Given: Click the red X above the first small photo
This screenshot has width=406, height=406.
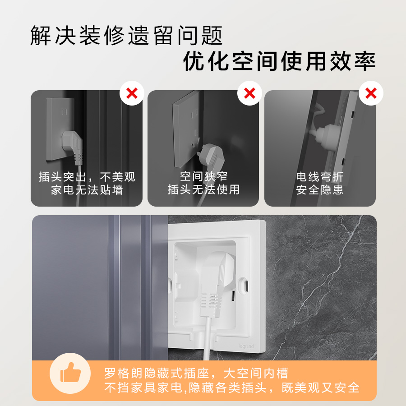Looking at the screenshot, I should click(132, 94).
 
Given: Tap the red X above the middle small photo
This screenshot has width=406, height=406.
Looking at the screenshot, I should click(249, 94).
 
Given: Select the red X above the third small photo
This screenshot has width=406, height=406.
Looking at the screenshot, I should click(371, 94).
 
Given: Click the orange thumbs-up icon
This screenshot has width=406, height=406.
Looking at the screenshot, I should click(70, 373).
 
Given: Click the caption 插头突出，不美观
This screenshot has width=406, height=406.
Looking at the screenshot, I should click(87, 177).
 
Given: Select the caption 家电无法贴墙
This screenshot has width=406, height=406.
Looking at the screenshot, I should click(87, 189).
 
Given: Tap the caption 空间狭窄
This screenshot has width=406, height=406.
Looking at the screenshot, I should click(203, 177).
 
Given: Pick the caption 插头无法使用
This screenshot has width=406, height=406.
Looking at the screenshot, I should click(203, 189).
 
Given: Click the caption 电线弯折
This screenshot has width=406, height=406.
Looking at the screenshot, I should click(319, 177).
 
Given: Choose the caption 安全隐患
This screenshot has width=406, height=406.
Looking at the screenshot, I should click(319, 189).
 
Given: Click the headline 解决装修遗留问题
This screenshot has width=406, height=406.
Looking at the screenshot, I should click(126, 36).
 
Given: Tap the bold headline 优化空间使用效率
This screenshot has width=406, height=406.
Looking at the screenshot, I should click(279, 61).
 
